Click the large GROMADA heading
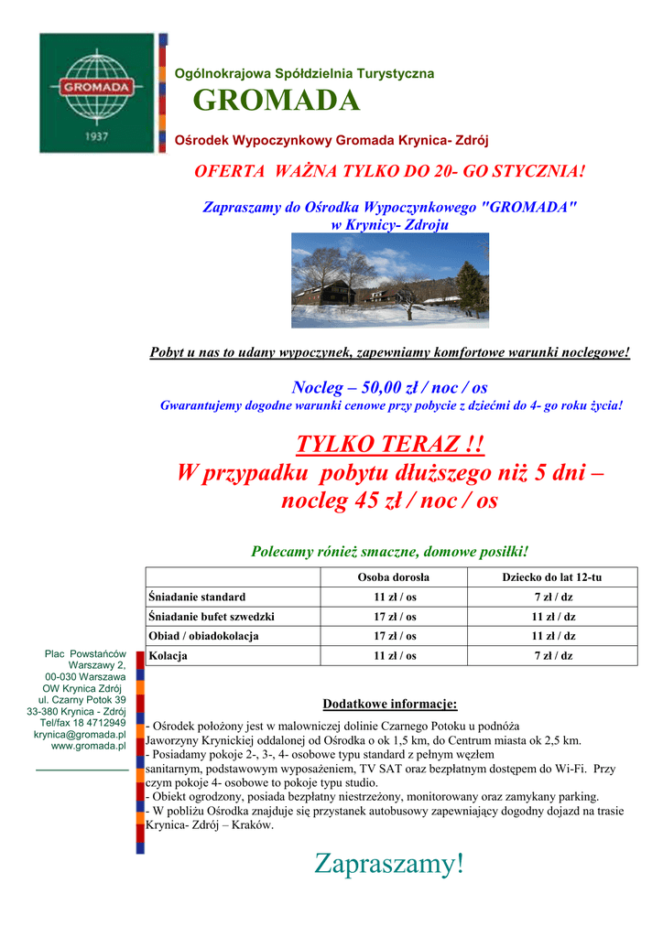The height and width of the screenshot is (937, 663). click(277, 102)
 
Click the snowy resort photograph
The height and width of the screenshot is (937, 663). click(389, 280)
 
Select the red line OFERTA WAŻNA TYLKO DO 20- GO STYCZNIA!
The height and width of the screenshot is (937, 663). click(389, 172)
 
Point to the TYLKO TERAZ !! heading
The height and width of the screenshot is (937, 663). click(389, 445)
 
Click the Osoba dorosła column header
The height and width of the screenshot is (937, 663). click(393, 577)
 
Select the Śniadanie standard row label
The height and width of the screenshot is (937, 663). click(197, 597)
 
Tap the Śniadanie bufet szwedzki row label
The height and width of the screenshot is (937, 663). click(212, 617)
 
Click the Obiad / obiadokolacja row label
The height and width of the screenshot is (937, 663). click(203, 636)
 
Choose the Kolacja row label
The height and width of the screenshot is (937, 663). click(168, 656)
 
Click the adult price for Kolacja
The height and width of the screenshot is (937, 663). click(394, 656)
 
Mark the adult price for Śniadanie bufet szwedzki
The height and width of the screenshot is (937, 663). click(394, 617)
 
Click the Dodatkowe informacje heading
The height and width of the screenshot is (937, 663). click(389, 704)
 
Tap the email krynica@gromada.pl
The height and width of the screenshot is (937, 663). click(80, 734)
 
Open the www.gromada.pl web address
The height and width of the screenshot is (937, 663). click(88, 746)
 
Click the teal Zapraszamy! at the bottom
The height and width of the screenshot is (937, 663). click(389, 862)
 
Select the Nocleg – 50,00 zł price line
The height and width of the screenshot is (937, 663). click(389, 388)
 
